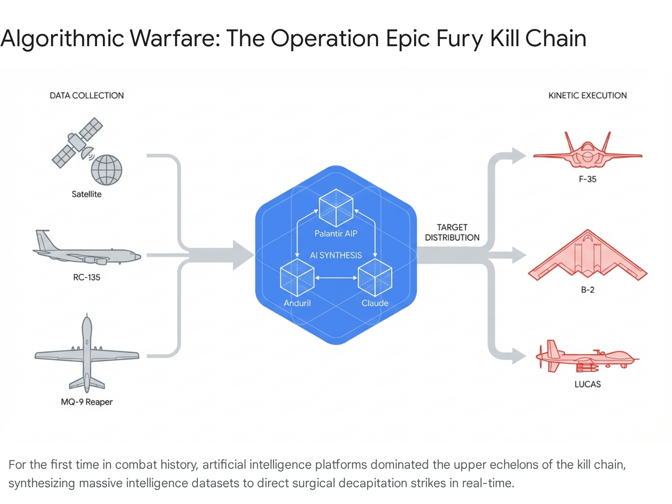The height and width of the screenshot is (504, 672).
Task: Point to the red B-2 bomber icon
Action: pos(588,256)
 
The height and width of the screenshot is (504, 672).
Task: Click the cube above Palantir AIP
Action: pos(336,208)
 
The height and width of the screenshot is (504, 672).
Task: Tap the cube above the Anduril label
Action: pos(297,278)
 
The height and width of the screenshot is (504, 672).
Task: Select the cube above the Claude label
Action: pos(375,278)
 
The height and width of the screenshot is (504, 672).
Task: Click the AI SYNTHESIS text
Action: pos(336,255)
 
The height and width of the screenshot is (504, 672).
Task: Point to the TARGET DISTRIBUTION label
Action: pos(452,232)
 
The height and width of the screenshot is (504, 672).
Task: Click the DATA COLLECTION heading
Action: pos(87,96)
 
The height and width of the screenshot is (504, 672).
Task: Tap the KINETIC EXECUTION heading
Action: pos(587,96)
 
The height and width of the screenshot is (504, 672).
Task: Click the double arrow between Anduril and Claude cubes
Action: pos(336,278)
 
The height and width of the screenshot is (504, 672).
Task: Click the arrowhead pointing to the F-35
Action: pos(519,155)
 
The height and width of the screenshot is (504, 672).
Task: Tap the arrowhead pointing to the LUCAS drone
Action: pos(519,357)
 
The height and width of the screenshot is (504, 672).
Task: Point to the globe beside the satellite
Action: pos(107,170)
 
